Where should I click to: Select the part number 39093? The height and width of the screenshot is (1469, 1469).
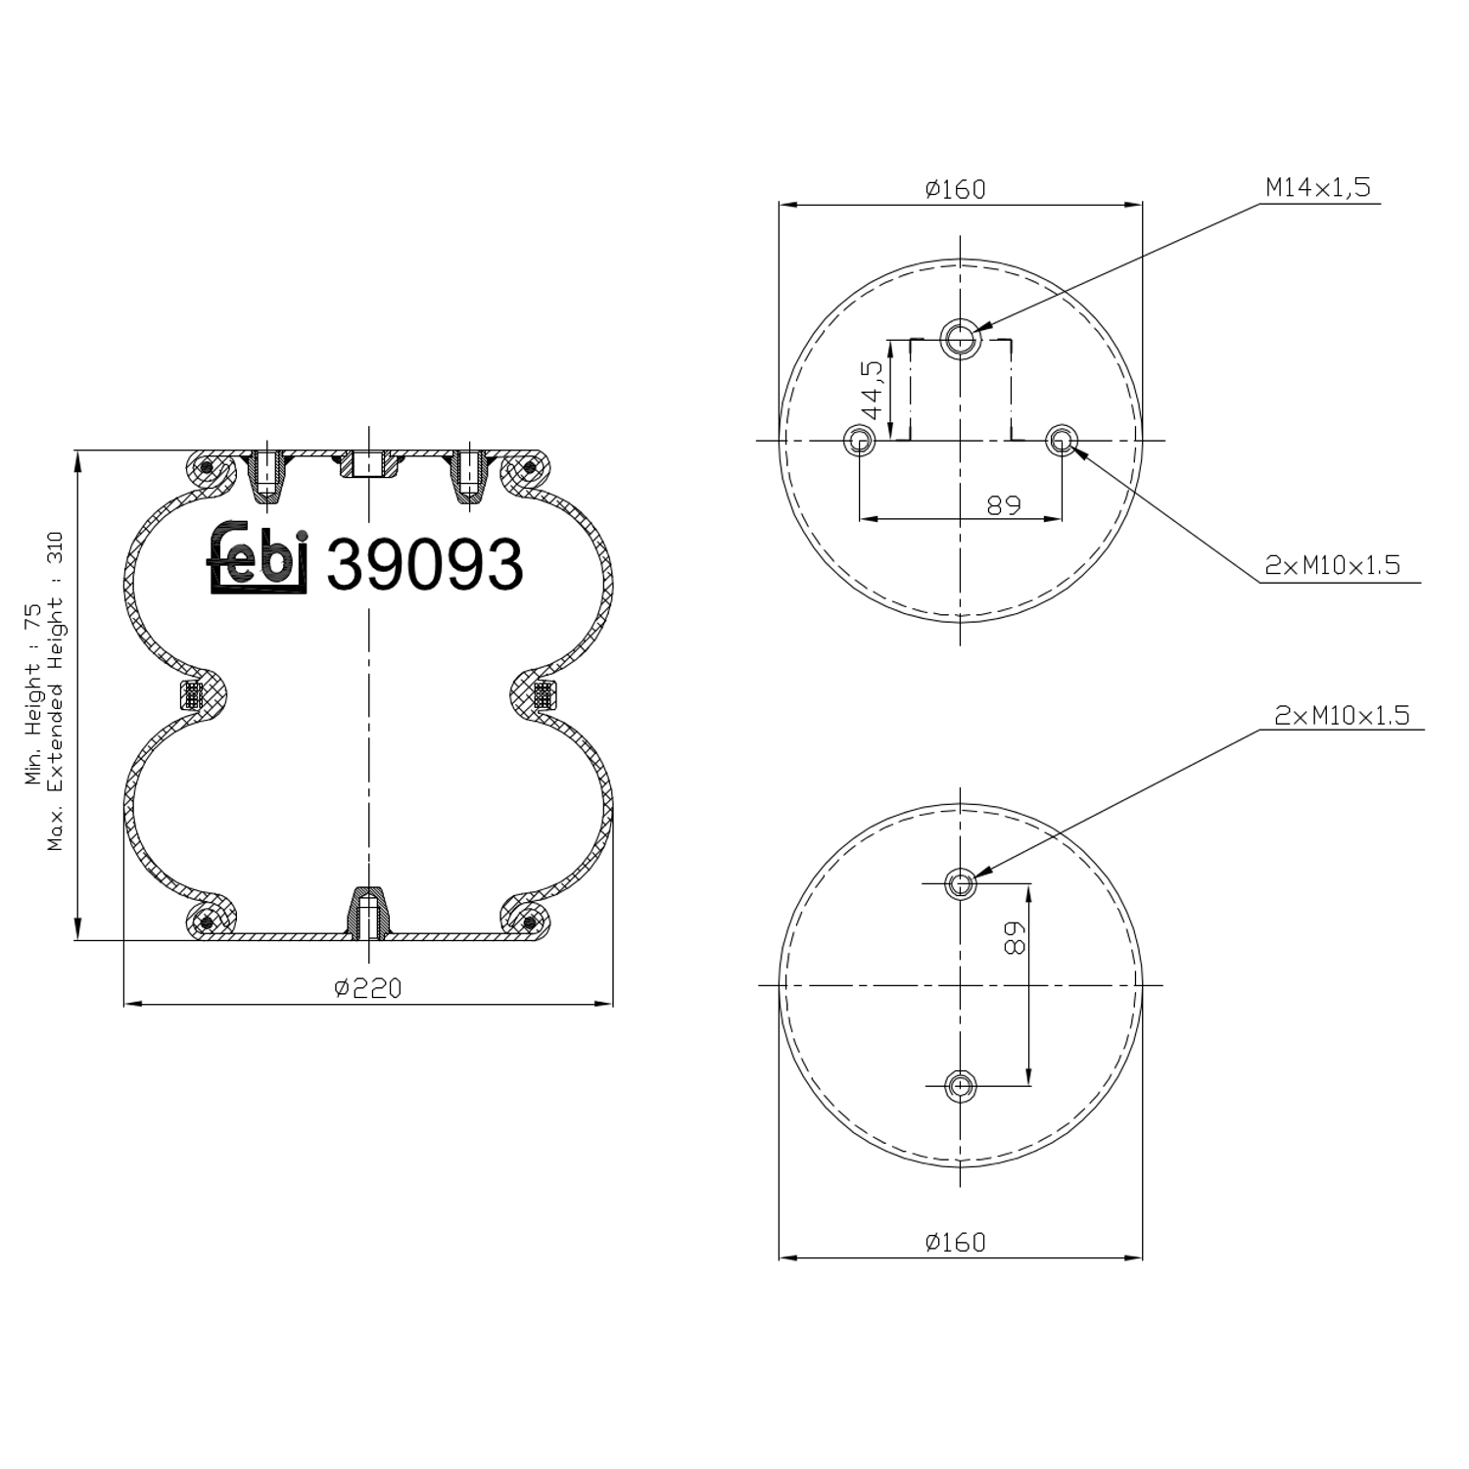[x=424, y=565]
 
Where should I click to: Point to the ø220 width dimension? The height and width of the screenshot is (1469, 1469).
[x=367, y=988]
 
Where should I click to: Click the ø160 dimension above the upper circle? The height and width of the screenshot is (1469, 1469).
[x=955, y=189]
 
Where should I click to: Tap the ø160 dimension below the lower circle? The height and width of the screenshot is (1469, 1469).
[x=955, y=1242]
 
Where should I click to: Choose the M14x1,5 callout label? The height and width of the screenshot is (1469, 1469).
[x=1317, y=187]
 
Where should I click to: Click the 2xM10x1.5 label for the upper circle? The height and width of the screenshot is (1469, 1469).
[x=1332, y=565]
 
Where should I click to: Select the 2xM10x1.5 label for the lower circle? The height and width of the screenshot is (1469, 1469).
[x=1342, y=716]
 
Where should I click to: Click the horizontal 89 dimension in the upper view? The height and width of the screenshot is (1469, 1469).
[x=1004, y=504]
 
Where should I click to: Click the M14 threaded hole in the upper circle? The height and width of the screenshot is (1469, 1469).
[x=960, y=339]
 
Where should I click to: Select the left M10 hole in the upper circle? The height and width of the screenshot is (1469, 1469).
[x=860, y=440]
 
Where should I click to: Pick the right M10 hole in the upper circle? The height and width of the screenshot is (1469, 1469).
[x=1061, y=440]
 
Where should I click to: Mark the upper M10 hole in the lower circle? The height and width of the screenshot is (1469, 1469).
[x=960, y=884]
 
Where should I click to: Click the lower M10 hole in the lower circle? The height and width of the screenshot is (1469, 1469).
[x=960, y=1085]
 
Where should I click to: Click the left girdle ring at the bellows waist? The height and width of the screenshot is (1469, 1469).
[x=194, y=695]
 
